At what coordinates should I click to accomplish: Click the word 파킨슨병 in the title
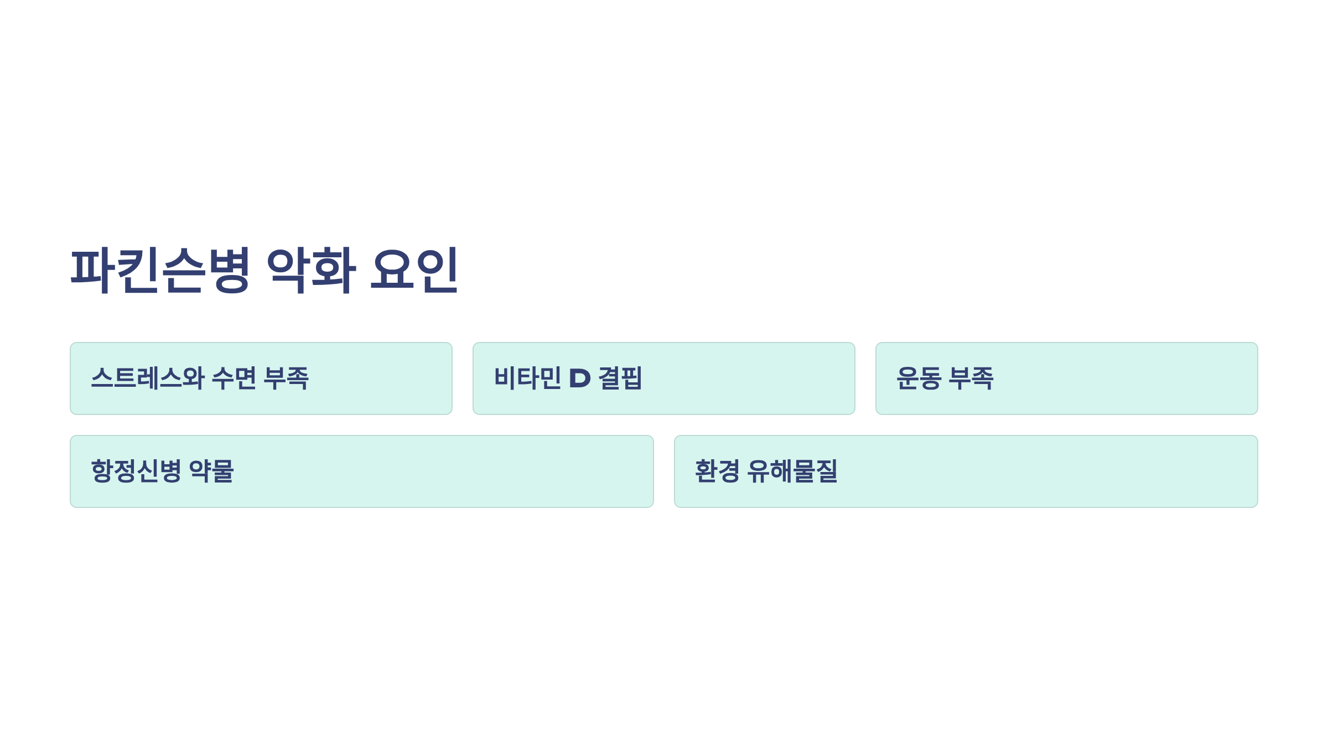(160, 270)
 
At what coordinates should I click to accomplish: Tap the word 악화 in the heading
(311, 270)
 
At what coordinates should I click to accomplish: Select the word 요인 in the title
(414, 270)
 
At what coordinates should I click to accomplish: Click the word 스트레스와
(148, 378)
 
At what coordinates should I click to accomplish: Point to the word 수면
(234, 378)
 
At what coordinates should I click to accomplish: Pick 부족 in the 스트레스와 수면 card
(286, 378)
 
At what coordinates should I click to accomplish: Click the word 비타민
(528, 378)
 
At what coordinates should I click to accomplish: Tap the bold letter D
(580, 378)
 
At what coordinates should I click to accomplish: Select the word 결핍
(620, 378)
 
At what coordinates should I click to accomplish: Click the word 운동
(919, 378)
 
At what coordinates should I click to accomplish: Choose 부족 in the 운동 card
(971, 378)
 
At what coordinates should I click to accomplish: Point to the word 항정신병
(136, 471)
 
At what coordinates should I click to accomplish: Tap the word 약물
(211, 471)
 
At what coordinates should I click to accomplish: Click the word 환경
(717, 471)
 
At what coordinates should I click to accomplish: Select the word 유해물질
(792, 471)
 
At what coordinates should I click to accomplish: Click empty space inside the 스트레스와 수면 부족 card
(382, 378)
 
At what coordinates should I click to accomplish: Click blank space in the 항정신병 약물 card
(443, 471)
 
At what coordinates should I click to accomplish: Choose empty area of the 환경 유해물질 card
(1051, 471)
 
